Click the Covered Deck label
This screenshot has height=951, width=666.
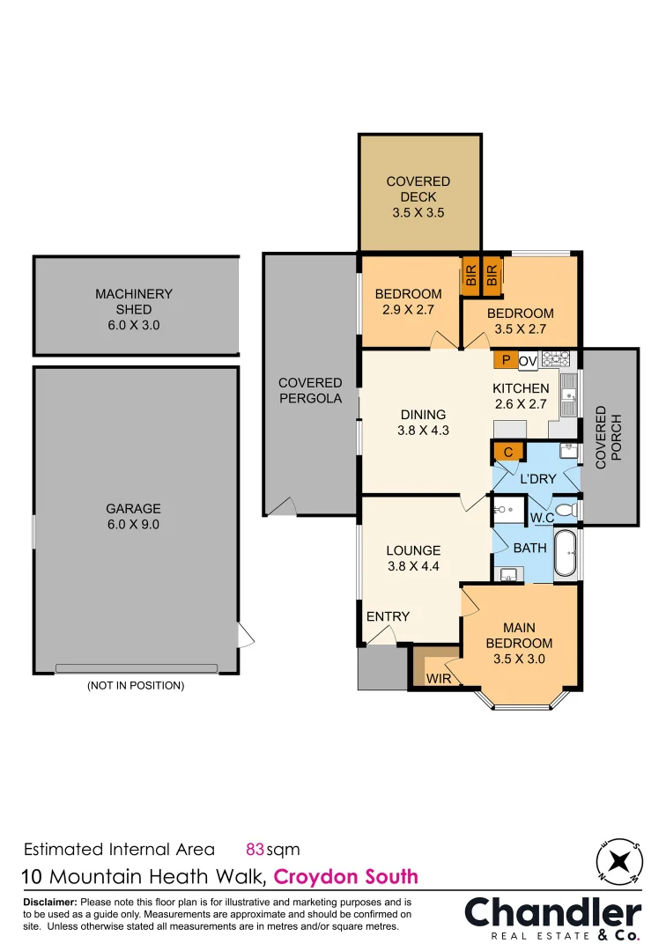coord(418,196)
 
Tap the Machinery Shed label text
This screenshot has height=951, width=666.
coord(134,309)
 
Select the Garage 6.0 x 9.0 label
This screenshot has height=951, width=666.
coord(134,516)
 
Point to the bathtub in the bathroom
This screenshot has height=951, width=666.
coord(566,553)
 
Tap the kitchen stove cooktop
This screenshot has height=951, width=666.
coord(555,359)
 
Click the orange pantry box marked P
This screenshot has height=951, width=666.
coord(505,359)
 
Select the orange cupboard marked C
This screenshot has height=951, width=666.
coord(508,453)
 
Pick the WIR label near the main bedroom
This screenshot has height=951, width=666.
coord(439,679)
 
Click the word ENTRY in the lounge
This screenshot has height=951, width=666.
coord(388,616)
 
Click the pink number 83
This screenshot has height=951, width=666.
coord(255,850)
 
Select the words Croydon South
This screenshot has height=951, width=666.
coord(346,877)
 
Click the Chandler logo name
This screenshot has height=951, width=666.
coord(553,913)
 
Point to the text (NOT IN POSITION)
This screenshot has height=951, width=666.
coord(135,685)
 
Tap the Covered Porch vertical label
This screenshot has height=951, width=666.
coord(608,437)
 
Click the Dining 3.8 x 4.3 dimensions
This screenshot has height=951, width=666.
coord(423,431)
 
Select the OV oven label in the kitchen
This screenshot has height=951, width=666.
coord(528,360)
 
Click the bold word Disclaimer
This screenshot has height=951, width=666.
coord(50,903)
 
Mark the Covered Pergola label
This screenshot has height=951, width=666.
coord(310,390)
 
